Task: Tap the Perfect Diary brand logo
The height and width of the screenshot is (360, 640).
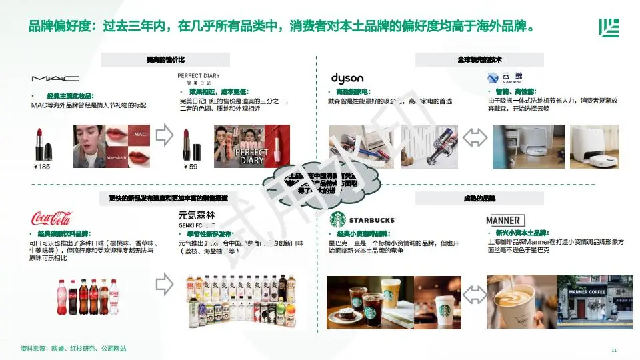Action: coord(199,79)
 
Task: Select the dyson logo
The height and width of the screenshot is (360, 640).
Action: coord(347,78)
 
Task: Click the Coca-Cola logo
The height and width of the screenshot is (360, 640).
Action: coord(51,218)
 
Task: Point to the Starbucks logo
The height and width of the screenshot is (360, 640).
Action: coord(363,219)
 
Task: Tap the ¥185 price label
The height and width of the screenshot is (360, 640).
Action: coord(41,167)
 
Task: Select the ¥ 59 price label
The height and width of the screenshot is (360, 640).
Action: coord(190,167)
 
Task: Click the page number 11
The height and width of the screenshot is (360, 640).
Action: coord(614,349)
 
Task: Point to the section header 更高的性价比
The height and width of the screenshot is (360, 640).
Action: coord(165,60)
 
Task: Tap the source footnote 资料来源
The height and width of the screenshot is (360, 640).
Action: coord(73,349)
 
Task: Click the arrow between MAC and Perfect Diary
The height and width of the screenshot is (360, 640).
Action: coord(163,137)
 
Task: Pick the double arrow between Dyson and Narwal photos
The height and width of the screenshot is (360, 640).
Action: coord(475,137)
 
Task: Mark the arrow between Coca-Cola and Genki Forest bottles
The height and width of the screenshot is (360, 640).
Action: coord(163,285)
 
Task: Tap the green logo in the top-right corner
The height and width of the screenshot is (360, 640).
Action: coord(608,28)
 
